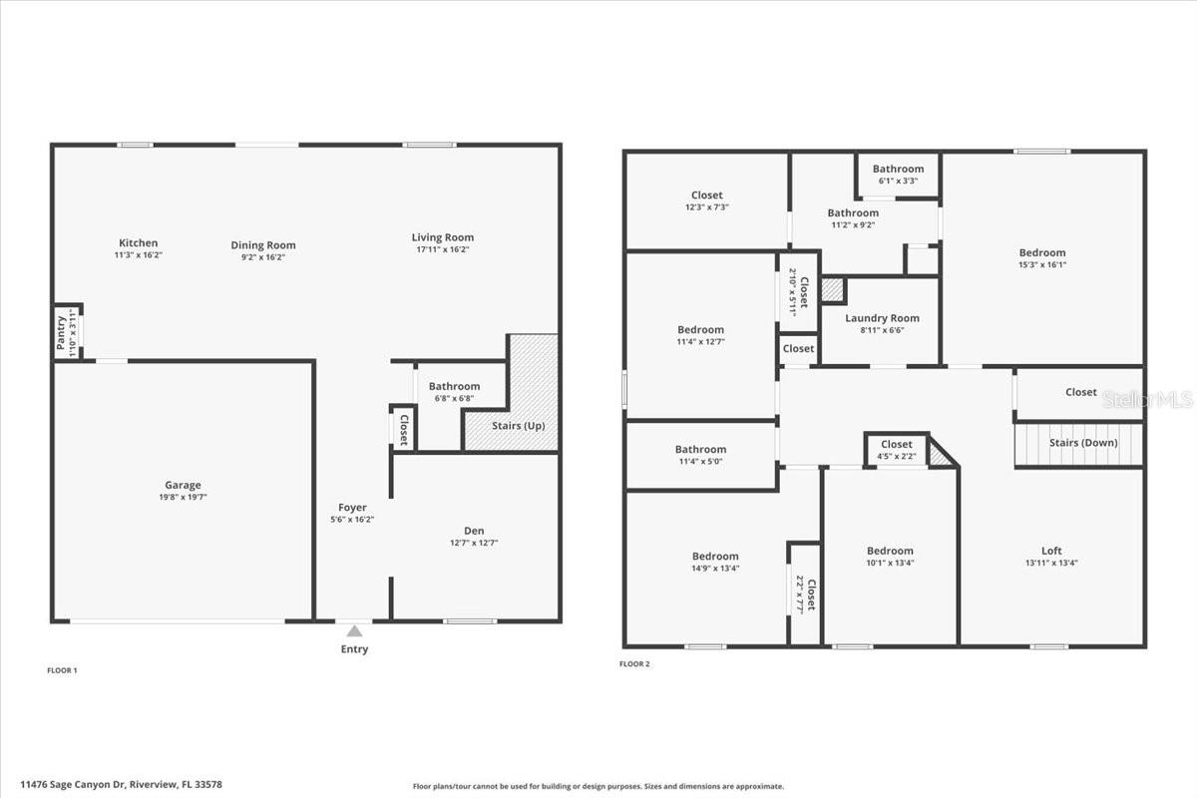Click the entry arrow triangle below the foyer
tap(354, 631)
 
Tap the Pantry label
tap(61, 332)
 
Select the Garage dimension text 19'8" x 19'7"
tap(183, 497)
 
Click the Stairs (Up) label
tap(519, 426)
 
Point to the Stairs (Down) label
tap(1083, 443)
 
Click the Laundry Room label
tap(882, 318)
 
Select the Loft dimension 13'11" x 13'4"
tap(1051, 563)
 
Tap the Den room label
tap(474, 531)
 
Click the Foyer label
tap(352, 508)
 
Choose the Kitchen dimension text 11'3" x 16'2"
tap(138, 255)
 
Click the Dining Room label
tap(263, 245)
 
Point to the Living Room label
tap(443, 237)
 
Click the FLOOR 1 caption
tap(62, 670)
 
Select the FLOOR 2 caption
tap(634, 664)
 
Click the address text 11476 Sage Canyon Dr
tap(73, 785)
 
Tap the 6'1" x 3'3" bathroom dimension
tap(898, 181)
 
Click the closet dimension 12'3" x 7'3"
tap(706, 207)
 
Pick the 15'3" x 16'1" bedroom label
tap(1042, 264)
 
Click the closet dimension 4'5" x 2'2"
tap(896, 457)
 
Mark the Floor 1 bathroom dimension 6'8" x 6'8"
tap(454, 398)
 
